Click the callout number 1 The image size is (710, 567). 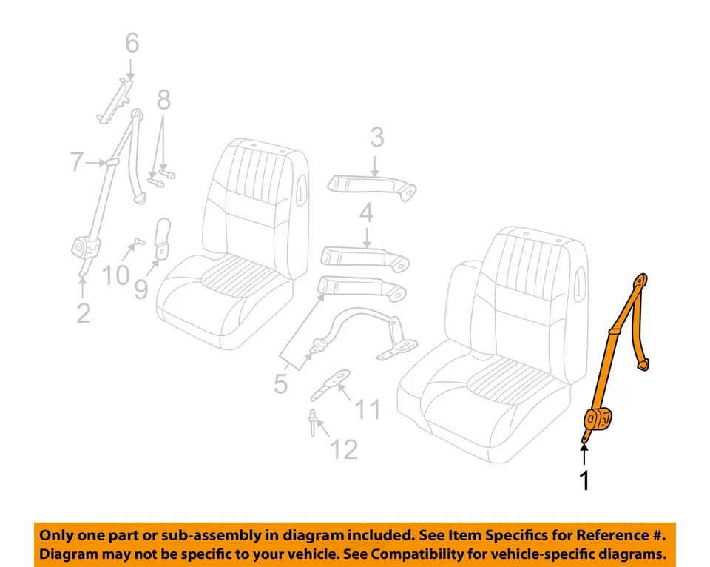tap(584, 481)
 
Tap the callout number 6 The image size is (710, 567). tap(131, 44)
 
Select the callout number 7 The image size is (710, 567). tap(77, 161)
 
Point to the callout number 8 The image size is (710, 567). tap(163, 99)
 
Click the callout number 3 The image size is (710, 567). tap(376, 137)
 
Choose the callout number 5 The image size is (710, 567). tap(280, 383)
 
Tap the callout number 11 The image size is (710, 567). tap(367, 409)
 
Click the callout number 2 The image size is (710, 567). tap(83, 313)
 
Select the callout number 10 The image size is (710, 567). tap(115, 275)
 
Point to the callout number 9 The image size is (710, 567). tap(141, 286)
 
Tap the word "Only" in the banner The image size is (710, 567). tap(58, 535)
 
